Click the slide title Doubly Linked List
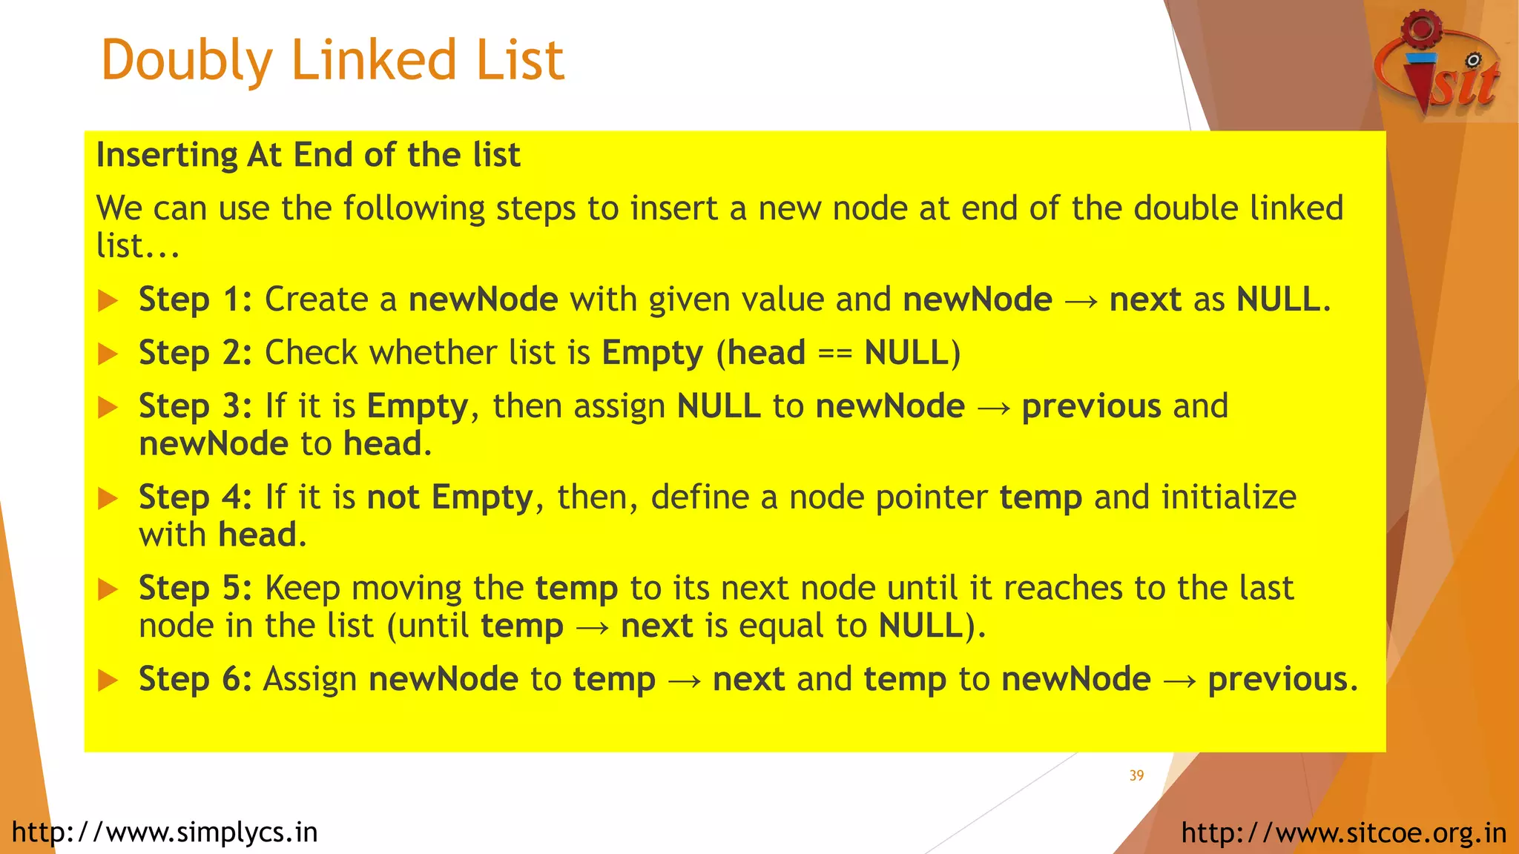pyautogui.click(x=332, y=61)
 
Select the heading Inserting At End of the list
pyautogui.click(x=308, y=156)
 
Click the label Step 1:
pyautogui.click(x=195, y=300)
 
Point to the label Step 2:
pyautogui.click(x=195, y=353)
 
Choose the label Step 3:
pyautogui.click(x=195, y=406)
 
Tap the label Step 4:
pyautogui.click(x=195, y=497)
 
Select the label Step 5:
pyautogui.click(x=195, y=589)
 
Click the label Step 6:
pyautogui.click(x=195, y=680)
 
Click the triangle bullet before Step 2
pyautogui.click(x=108, y=354)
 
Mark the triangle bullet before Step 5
pyautogui.click(x=108, y=590)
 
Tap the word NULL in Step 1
pyautogui.click(x=1278, y=300)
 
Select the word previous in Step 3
pyautogui.click(x=1091, y=406)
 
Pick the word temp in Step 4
pyautogui.click(x=1041, y=497)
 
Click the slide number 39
pyautogui.click(x=1136, y=775)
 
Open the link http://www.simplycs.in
pyautogui.click(x=165, y=833)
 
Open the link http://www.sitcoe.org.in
pyautogui.click(x=1344, y=833)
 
